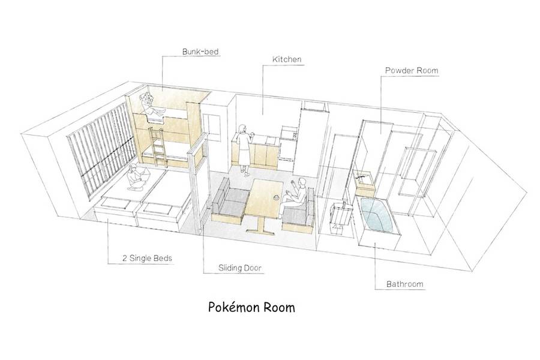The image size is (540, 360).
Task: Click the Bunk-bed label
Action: coord(200,52)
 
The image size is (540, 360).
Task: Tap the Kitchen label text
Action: coord(287,59)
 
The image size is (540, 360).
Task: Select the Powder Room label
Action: coord(412,71)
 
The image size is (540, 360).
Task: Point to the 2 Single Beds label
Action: coord(147,258)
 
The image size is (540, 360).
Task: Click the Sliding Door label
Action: coord(239,268)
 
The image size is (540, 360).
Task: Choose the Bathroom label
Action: coord(404,284)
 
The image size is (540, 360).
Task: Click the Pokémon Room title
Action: coord(251,307)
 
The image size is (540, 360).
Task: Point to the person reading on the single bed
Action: coord(137,178)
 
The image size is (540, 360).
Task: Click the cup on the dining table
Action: coord(276,198)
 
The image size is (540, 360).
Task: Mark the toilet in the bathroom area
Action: coord(341,217)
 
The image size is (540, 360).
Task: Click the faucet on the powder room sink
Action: coord(360,176)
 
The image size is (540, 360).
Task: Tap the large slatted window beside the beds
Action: coord(101,148)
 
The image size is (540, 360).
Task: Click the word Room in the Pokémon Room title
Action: coord(279,307)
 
